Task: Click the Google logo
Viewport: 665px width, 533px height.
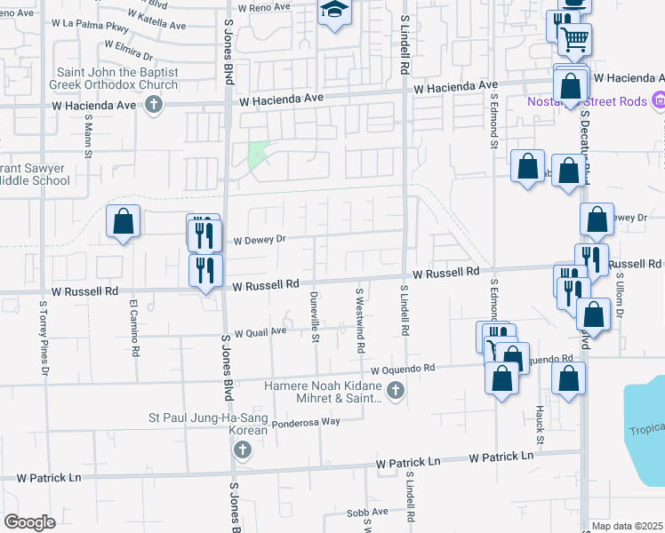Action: point(29,522)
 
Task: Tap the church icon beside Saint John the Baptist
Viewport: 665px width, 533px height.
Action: point(153,106)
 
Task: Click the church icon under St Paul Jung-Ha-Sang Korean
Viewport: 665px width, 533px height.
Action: point(241,451)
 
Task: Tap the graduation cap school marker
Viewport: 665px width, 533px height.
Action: point(335,12)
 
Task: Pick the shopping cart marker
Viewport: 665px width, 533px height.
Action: point(575,38)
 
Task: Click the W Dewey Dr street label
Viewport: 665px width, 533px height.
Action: point(258,240)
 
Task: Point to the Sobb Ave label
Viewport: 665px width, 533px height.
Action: point(367,513)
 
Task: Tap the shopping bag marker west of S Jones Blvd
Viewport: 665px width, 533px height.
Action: point(124,222)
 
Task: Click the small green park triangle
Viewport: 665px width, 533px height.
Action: point(258,155)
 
